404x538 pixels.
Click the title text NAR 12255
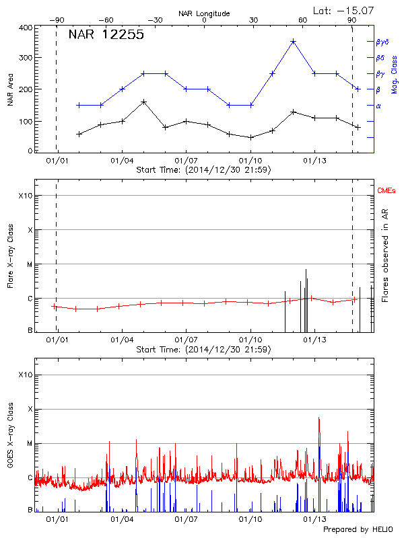point(106,36)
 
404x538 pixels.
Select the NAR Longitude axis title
point(204,13)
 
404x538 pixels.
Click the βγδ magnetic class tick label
point(382,42)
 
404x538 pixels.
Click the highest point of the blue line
point(293,42)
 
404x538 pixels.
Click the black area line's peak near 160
point(143,102)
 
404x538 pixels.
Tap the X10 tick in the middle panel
point(25,196)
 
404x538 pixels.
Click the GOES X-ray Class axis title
point(10,444)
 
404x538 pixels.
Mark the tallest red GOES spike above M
point(318,418)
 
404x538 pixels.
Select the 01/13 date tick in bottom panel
point(314,519)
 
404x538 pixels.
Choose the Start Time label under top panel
point(203,170)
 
